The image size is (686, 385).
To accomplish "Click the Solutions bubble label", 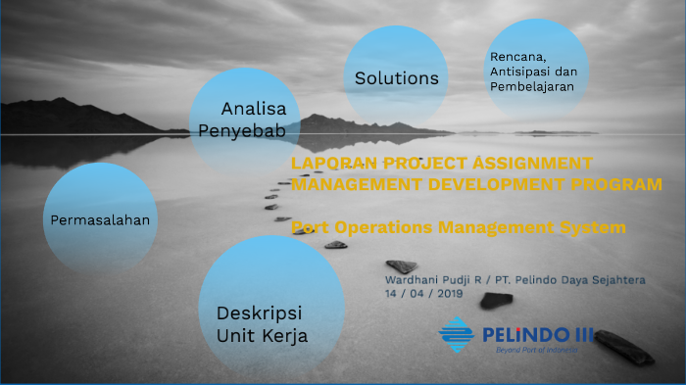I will pos(397,78).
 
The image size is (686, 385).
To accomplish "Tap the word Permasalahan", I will pos(100,219).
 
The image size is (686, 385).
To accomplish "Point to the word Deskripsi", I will pos(259,313).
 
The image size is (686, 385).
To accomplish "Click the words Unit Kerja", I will pos(262,336).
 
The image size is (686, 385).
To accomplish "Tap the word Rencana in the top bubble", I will pos(516,55).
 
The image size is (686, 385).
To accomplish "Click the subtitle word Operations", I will pos(375,227).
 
